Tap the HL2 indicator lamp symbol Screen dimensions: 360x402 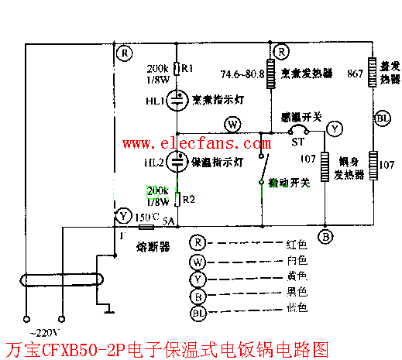click(x=177, y=162)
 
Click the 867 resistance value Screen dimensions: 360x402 click(x=357, y=74)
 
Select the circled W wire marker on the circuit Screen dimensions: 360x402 click(x=231, y=125)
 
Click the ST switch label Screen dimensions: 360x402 click(x=297, y=142)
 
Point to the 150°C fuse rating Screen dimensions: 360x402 click(x=147, y=216)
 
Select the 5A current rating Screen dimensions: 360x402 click(x=170, y=221)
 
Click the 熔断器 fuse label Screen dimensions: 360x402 click(x=153, y=244)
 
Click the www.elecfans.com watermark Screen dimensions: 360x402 click(x=189, y=143)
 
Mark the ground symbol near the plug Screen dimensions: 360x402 click(x=108, y=312)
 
